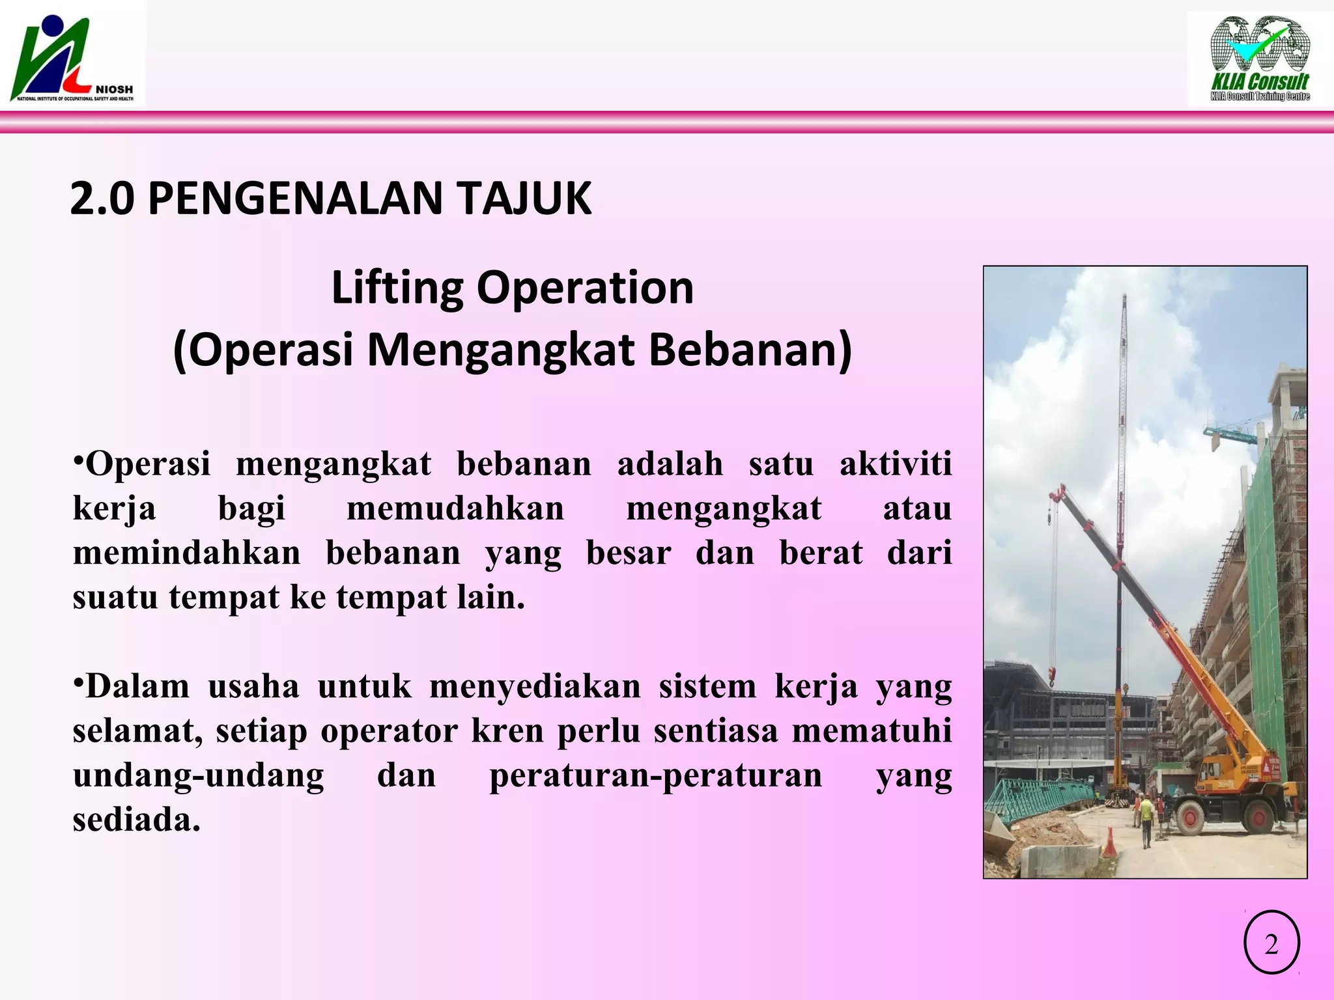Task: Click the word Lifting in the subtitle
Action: [398, 288]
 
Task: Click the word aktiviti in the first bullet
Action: [896, 464]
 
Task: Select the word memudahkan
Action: [455, 508]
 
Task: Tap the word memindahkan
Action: [187, 553]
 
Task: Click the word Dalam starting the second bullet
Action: [137, 686]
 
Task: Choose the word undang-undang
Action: [198, 775]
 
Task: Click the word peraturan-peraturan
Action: [656, 775]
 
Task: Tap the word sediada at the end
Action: [135, 820]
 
